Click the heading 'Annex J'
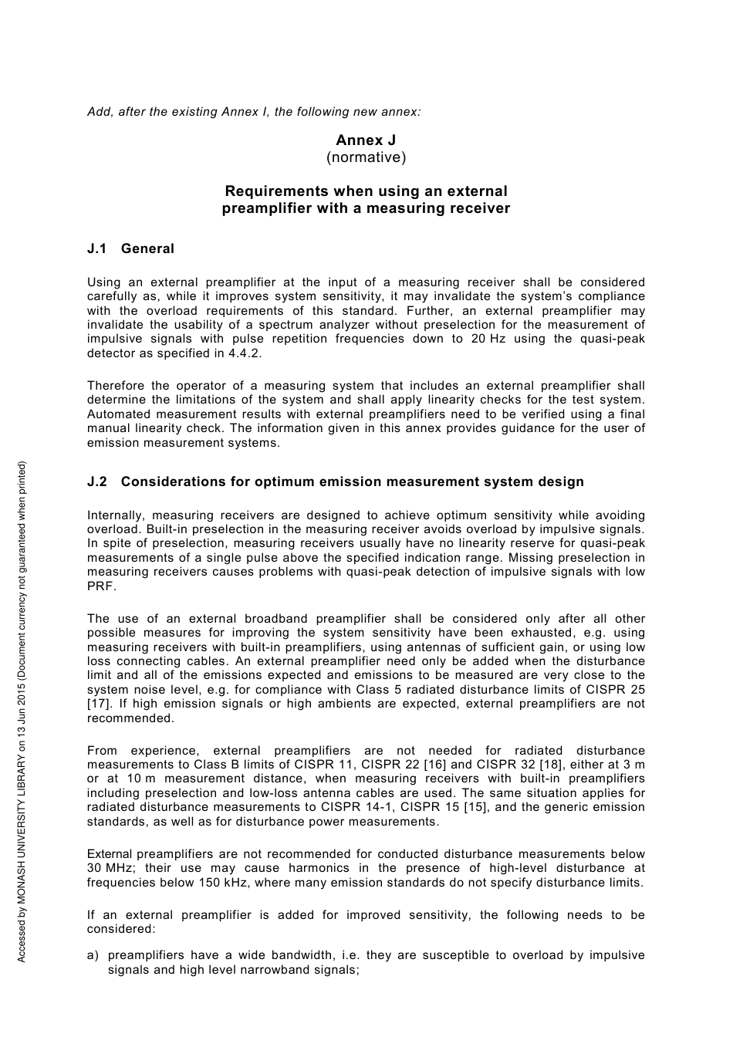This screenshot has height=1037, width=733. pos(366,140)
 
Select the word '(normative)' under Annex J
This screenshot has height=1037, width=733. pos(366,157)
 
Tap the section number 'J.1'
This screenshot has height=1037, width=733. pos(97,248)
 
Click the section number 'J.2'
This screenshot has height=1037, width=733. pos(97,481)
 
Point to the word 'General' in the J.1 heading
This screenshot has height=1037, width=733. pos(147,248)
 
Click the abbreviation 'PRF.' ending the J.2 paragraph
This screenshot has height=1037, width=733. pos(100,586)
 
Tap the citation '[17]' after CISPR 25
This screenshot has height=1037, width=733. pos(98,704)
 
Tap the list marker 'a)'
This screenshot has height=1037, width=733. pos(93,955)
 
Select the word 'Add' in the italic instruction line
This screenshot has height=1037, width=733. pos(99,112)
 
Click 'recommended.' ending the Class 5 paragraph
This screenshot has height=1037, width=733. pos(130,718)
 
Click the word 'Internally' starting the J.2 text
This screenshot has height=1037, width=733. pos(115,515)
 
